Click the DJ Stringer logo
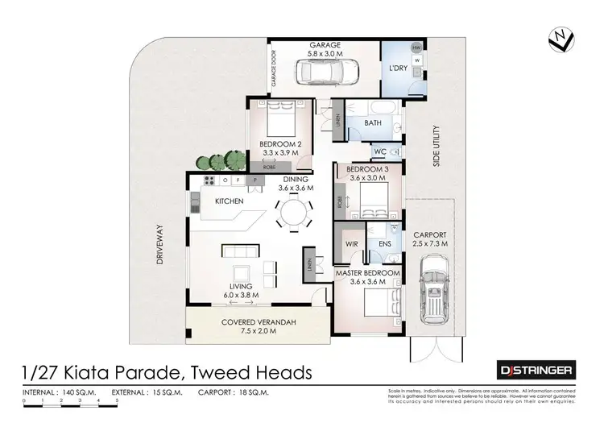535,370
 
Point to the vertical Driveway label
160,245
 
